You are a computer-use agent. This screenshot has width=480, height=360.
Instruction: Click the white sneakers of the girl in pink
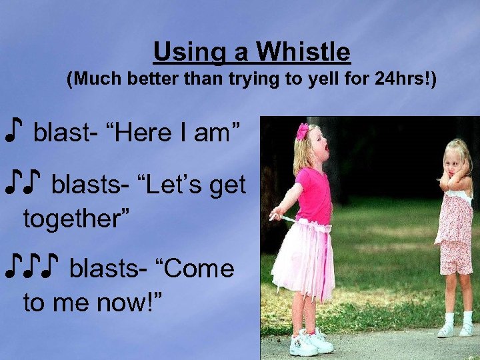click(310, 341)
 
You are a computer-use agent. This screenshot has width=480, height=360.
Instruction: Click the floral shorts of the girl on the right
click(457, 257)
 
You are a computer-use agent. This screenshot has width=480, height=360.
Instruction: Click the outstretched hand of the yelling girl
click(275, 214)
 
